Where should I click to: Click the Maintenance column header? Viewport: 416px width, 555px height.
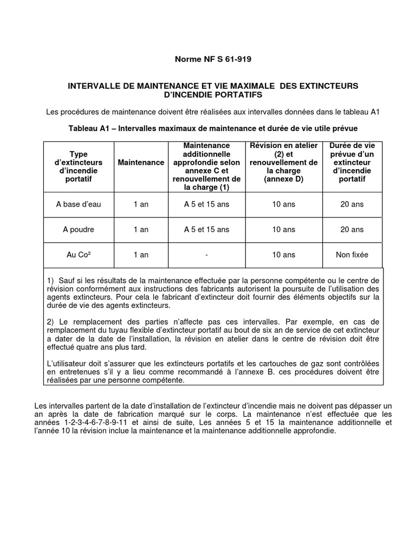(x=141, y=163)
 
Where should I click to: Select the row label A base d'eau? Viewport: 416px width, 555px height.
(x=79, y=204)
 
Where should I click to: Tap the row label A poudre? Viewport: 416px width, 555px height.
(x=79, y=229)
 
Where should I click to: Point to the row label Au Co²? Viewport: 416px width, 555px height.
(x=79, y=255)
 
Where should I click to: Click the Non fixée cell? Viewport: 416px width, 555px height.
(x=352, y=255)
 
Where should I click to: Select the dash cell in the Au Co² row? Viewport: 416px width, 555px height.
(x=206, y=255)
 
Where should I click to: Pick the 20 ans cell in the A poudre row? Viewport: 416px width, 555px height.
(x=352, y=229)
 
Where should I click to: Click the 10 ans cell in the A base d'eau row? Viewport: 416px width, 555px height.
(x=284, y=204)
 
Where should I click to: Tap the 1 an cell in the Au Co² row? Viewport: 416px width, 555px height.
(x=141, y=255)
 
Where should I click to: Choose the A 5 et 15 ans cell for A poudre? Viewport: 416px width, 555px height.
(x=206, y=229)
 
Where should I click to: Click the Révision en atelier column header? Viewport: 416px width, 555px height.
(x=284, y=163)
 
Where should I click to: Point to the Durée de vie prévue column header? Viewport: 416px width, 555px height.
(x=352, y=163)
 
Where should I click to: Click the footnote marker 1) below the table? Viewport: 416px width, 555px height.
(x=51, y=280)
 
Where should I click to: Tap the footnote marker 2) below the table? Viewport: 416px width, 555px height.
(x=51, y=322)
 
